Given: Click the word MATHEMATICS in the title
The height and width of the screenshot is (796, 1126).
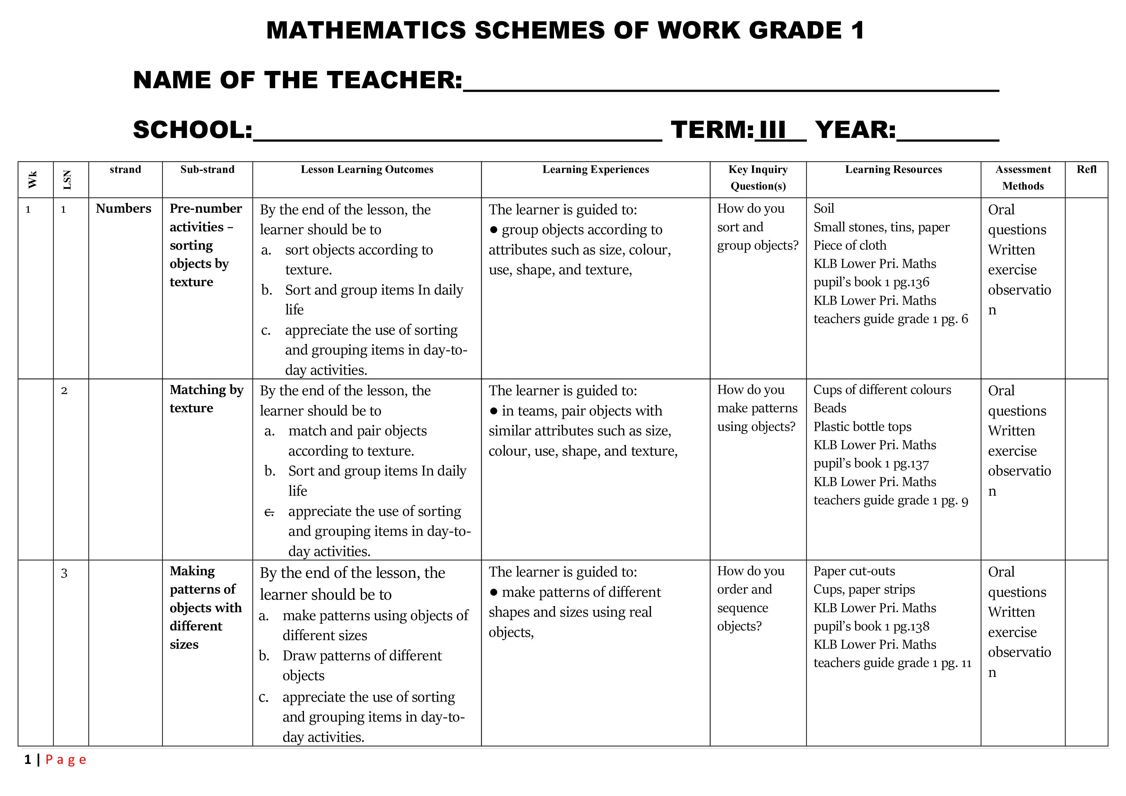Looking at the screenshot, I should [x=365, y=30].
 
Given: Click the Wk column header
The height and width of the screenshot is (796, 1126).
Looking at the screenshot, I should [x=32, y=179].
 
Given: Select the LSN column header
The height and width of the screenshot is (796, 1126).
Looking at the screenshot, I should [x=68, y=179].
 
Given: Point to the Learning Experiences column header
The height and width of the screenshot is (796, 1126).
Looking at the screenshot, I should [x=595, y=170].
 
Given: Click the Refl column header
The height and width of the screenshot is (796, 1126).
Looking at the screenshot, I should [x=1086, y=170].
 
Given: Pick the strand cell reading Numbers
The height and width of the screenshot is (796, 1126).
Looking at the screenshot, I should [x=124, y=209].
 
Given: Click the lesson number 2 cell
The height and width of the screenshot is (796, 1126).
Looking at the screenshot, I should [x=64, y=391].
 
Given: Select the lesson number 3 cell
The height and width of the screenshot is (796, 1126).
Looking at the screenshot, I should [x=64, y=573].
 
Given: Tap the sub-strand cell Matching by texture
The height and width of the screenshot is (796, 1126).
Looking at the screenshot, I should [x=206, y=398].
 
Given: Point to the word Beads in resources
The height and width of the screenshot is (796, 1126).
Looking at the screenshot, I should [x=830, y=408].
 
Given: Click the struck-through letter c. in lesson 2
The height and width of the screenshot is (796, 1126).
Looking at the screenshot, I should [x=269, y=512].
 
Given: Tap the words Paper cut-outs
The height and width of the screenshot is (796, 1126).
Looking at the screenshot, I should [x=854, y=571].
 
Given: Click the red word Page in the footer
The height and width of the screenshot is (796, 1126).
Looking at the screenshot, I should [x=66, y=760].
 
